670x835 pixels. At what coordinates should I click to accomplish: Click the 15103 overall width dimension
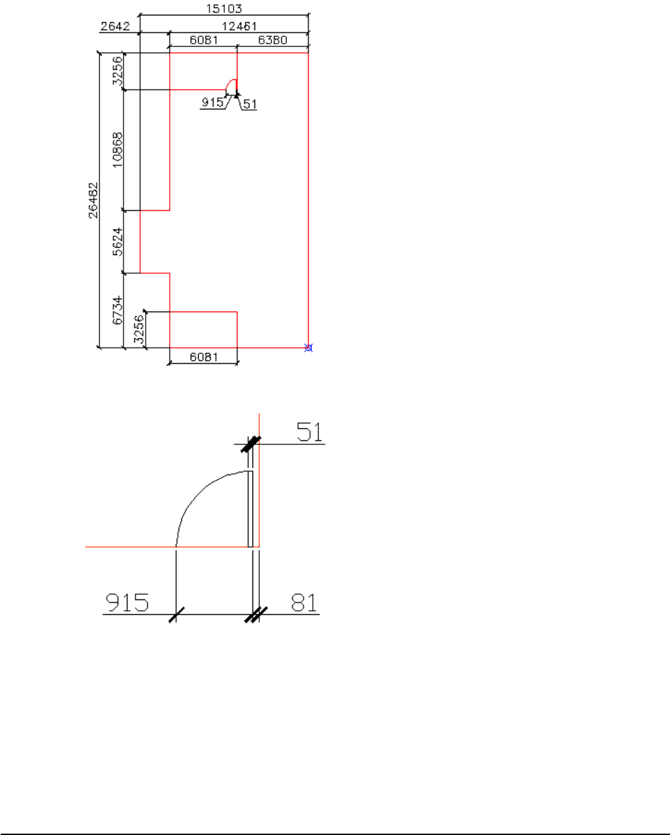pos(224,9)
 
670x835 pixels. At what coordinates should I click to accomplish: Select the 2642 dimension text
pos(115,26)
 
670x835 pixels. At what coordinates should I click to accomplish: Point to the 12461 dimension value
pos(239,26)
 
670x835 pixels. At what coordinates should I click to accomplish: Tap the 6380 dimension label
pos(273,40)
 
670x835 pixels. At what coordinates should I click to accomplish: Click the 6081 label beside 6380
pos(204,40)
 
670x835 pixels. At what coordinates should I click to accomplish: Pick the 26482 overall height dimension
pos(93,200)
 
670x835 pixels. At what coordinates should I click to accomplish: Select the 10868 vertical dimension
pos(117,150)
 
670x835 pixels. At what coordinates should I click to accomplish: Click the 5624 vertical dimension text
pos(117,242)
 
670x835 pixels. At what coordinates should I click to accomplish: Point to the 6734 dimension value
pos(117,310)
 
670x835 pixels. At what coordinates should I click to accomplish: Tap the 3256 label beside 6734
pos(138,329)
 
